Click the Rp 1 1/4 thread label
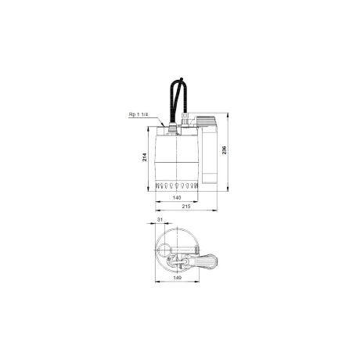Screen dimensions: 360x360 139,114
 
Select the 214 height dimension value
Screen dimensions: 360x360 145,157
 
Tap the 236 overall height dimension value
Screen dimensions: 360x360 225,150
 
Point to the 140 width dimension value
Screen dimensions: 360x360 177,198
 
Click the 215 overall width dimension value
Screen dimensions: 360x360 186,207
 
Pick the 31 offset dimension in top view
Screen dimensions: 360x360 160,220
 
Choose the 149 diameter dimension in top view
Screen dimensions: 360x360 177,278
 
